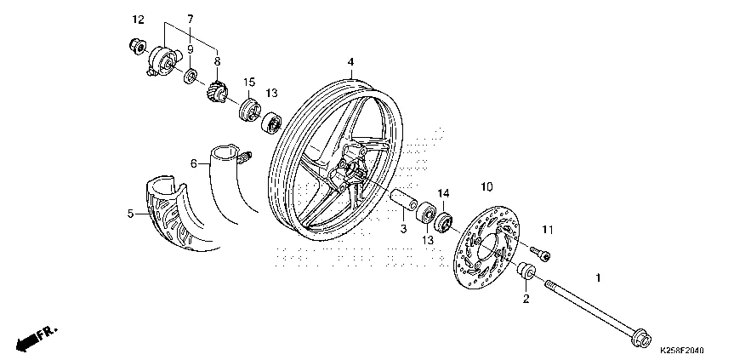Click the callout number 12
click(138, 20)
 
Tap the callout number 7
click(190, 20)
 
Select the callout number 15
click(249, 83)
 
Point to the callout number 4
click(350, 62)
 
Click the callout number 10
click(486, 187)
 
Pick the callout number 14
click(443, 193)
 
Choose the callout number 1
click(597, 277)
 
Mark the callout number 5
click(130, 214)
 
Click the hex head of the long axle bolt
click(640, 338)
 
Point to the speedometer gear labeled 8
click(217, 90)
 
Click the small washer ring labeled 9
click(190, 76)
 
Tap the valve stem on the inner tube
click(245, 157)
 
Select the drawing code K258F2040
click(681, 350)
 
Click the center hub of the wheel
click(350, 169)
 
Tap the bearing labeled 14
click(443, 221)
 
